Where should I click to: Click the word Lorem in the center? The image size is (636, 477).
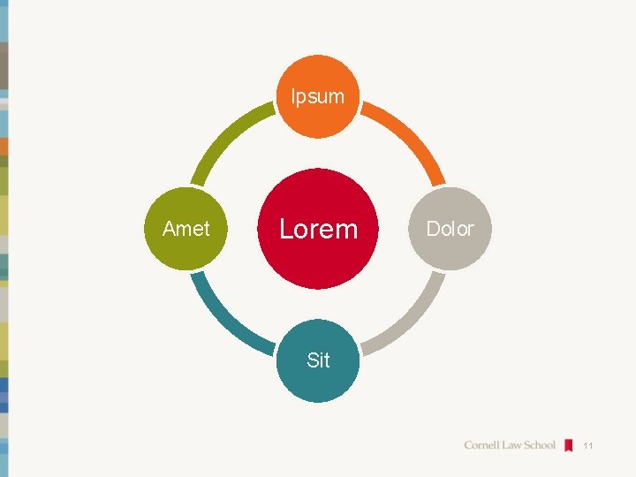(318, 229)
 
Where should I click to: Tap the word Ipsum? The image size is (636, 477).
(318, 95)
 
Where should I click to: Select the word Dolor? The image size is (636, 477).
(450, 229)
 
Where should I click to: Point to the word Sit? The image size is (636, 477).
(318, 360)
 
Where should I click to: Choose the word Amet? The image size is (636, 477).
(186, 229)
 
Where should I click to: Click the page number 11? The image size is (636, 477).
(587, 446)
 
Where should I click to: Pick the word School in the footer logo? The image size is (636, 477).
(541, 445)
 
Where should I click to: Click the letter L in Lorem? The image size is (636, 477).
(286, 229)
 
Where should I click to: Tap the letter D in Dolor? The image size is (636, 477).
(433, 229)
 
